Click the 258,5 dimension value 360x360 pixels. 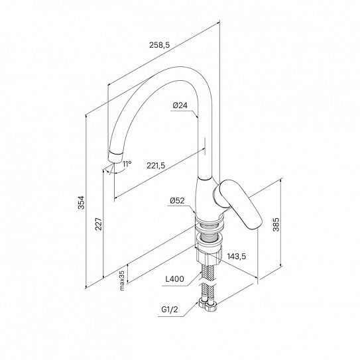[x=159, y=45]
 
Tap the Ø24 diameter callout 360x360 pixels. [x=180, y=105]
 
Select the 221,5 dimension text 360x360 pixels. [x=156, y=166]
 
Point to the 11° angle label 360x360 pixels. [x=127, y=164]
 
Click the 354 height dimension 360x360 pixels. [x=82, y=202]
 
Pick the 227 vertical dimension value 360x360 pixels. [x=99, y=224]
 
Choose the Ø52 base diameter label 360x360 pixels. [x=177, y=201]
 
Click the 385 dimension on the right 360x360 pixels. [x=276, y=224]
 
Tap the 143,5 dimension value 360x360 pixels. [x=237, y=256]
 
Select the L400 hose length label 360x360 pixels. [x=175, y=279]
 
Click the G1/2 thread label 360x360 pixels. [x=170, y=310]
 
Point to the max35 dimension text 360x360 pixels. [x=122, y=280]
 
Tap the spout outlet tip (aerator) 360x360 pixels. [x=115, y=158]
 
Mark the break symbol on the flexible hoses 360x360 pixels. [x=208, y=282]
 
